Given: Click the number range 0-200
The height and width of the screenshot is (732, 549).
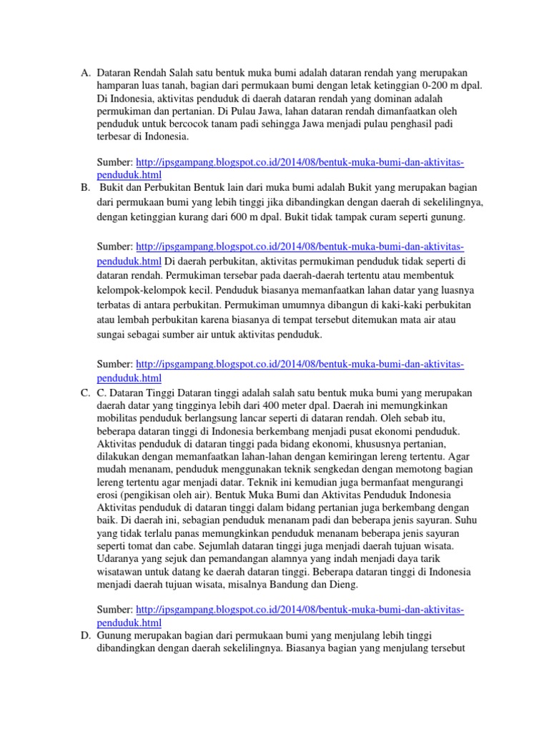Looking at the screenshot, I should click(x=426, y=86).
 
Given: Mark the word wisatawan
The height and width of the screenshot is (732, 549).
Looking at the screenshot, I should click(x=123, y=572).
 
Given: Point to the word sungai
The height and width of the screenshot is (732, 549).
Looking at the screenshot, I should click(x=112, y=335).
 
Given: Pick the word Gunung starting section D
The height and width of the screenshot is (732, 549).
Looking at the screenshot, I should click(x=115, y=635).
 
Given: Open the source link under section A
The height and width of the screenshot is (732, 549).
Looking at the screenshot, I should click(x=300, y=164).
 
